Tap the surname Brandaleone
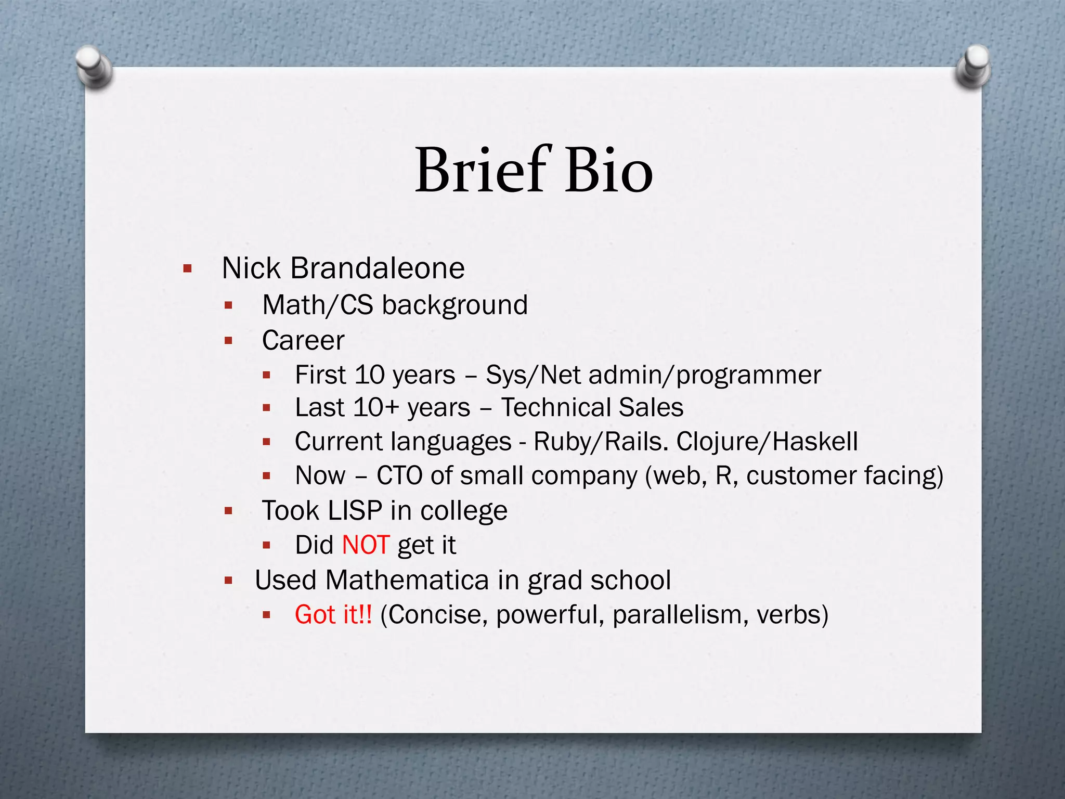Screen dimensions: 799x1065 click(x=377, y=268)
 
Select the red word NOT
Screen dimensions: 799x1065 click(x=366, y=545)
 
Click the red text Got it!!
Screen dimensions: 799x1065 click(x=333, y=614)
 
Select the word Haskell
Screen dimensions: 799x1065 click(x=815, y=442)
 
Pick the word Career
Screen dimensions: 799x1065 click(x=303, y=341)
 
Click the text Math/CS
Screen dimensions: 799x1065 click(x=318, y=305)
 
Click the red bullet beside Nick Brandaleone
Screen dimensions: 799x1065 click(x=188, y=269)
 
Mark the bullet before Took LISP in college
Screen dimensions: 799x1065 click(x=228, y=511)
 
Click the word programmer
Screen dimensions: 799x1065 click(x=749, y=375)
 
